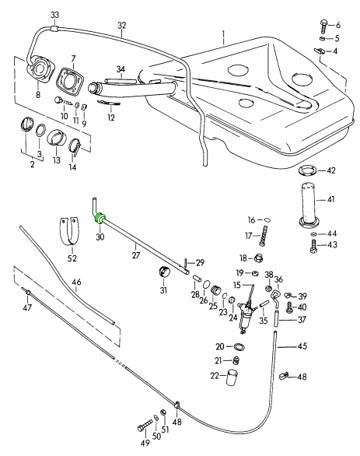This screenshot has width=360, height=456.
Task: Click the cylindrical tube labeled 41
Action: (309, 205)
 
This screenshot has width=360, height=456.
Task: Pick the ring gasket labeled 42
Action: (308, 170)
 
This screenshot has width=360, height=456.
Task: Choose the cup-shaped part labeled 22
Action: (232, 377)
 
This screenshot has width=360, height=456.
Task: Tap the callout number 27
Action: (136, 255)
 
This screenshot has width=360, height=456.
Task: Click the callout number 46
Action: (76, 282)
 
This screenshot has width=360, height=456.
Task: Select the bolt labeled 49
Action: (145, 426)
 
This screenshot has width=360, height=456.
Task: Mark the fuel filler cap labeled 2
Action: (26, 125)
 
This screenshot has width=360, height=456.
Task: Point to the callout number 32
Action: (122, 26)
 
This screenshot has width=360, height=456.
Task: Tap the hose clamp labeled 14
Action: (76, 146)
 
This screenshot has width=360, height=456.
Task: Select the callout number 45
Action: (302, 346)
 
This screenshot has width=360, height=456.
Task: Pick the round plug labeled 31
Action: (164, 271)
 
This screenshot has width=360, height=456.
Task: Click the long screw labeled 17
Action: (264, 236)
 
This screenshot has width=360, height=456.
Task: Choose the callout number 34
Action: (121, 69)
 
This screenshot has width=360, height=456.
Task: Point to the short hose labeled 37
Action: (277, 319)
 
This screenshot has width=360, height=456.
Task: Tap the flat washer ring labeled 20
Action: (239, 346)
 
